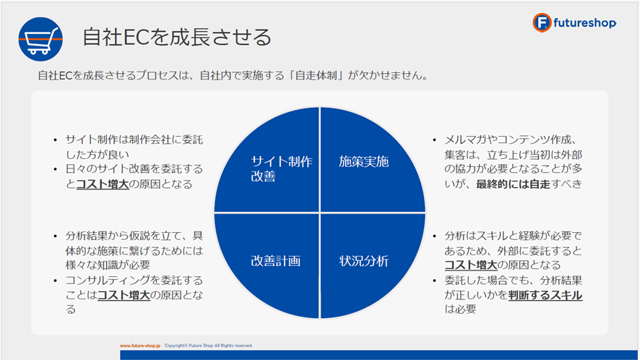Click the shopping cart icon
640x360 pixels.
click(40, 39)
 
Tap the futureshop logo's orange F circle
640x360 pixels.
click(542, 22)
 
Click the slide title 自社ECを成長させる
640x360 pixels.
click(177, 37)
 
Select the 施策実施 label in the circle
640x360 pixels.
click(363, 162)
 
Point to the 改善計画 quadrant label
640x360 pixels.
click(275, 261)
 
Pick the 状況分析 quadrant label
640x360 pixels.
click(363, 261)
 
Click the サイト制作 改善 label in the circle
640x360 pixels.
click(282, 168)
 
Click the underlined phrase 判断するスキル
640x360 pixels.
click(545, 295)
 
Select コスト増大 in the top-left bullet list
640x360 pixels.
click(103, 184)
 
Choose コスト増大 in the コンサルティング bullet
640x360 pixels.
click(124, 295)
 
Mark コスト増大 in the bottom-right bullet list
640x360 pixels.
click(471, 265)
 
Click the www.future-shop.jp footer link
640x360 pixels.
click(140, 346)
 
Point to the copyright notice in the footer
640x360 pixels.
click(209, 346)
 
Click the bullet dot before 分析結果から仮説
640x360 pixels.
click(56, 236)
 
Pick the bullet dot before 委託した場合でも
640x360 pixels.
click(435, 280)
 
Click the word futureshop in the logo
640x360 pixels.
click(584, 23)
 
